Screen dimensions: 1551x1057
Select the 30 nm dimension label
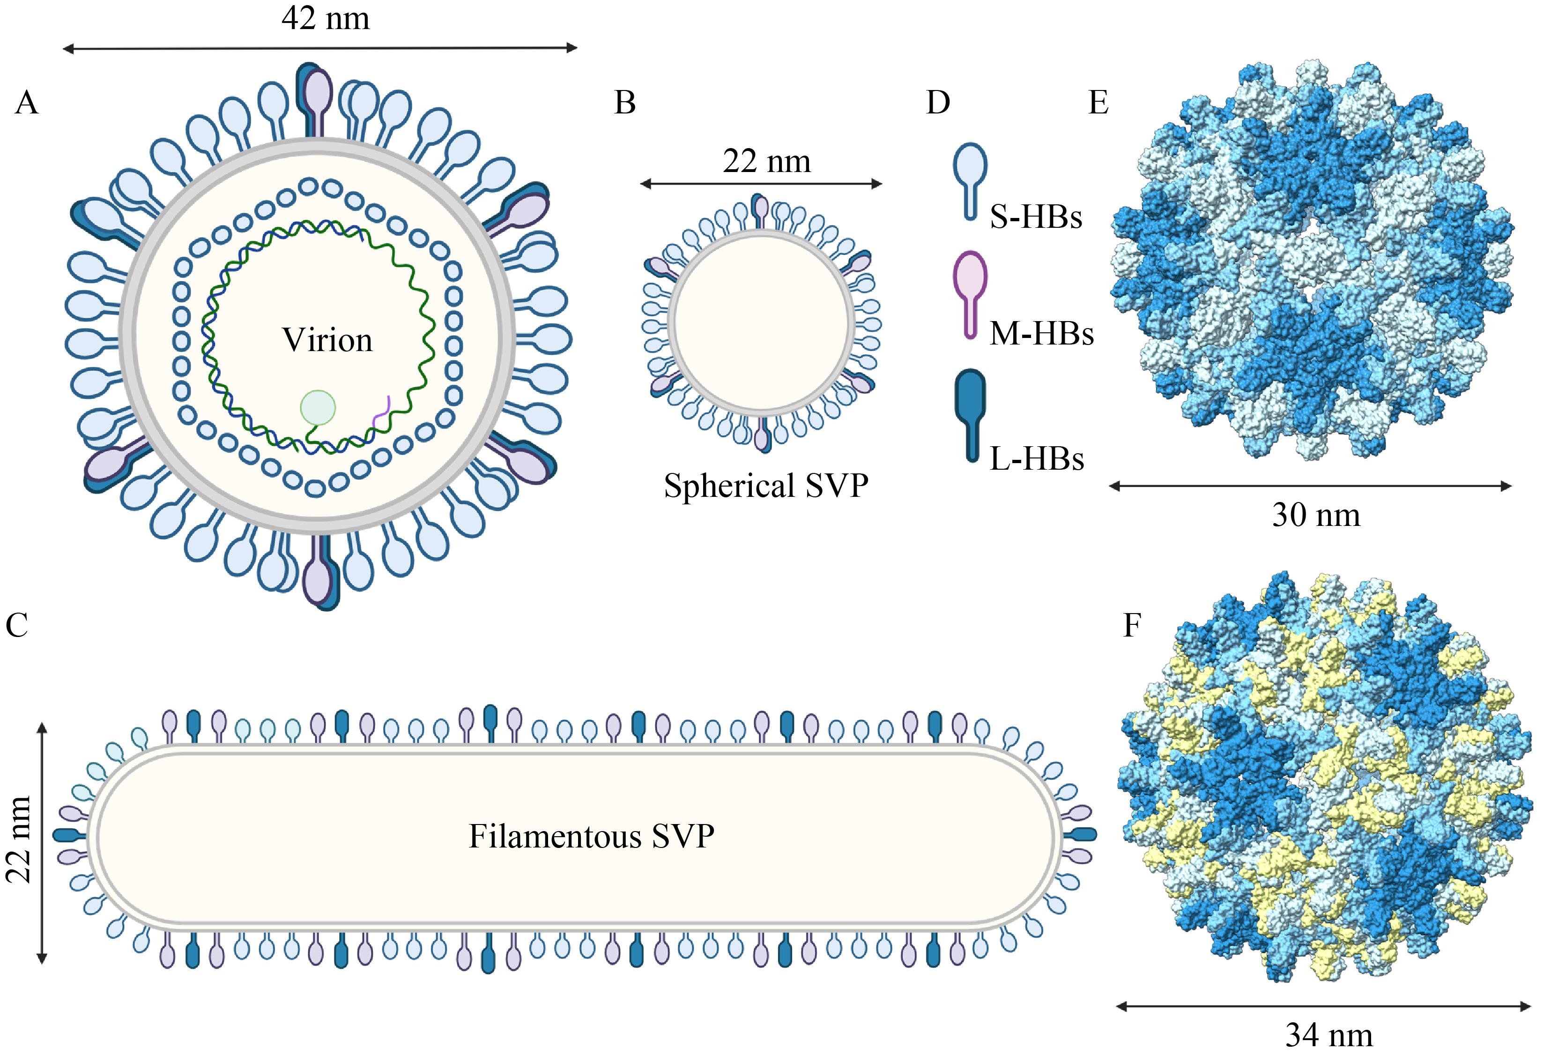coord(1315,515)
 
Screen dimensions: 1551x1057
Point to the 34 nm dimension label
coord(1329,1035)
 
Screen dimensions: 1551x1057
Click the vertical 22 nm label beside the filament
coord(19,840)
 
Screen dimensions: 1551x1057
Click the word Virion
coord(327,340)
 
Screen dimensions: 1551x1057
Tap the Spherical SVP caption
coord(766,486)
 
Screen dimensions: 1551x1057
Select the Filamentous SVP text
coord(591,836)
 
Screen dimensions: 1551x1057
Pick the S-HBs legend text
coord(1036,217)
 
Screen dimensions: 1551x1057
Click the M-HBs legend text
coord(1041,333)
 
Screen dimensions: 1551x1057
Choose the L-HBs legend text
coord(1037,459)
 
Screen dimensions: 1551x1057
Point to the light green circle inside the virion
coord(318,407)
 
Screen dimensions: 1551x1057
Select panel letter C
coord(17,626)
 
